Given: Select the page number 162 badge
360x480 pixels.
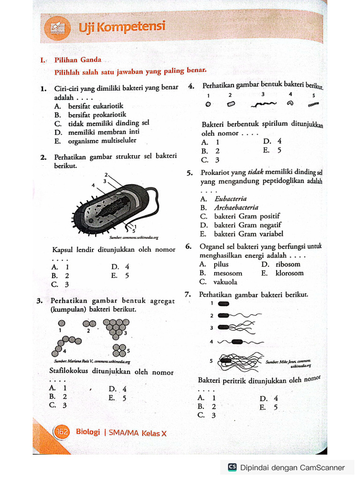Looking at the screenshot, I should click(x=62, y=432).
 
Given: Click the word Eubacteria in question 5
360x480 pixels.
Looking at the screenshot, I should click(x=230, y=199).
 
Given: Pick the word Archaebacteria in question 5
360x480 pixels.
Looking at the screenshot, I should click(x=236, y=208).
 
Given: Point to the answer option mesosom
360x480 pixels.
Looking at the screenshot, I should click(x=228, y=273).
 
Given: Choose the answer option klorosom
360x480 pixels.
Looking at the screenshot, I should click(x=289, y=273).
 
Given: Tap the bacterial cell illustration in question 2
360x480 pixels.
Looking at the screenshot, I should click(x=115, y=206).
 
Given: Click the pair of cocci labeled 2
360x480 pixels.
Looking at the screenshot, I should click(x=89, y=323).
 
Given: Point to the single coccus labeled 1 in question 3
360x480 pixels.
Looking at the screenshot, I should click(x=61, y=323).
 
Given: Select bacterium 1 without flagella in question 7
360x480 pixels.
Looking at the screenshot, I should click(x=224, y=303).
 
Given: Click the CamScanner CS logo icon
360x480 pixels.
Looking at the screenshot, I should click(x=232, y=467).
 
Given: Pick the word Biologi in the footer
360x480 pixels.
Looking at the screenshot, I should click(x=88, y=432).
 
